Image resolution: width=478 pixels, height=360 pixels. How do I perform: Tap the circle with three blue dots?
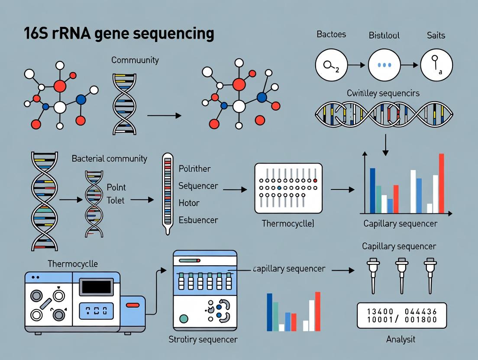pos(384,65)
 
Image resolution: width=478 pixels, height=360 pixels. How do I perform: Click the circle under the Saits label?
pos(436,65)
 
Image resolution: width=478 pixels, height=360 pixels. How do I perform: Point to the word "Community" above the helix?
pos(135,60)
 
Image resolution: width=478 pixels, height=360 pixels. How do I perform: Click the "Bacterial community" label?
pos(109,159)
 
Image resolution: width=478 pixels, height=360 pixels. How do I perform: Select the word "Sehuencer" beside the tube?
pos(198,186)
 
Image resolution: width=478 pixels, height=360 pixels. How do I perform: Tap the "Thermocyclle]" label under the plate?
pos(288,224)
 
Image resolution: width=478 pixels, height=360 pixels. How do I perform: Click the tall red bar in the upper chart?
pos(441,183)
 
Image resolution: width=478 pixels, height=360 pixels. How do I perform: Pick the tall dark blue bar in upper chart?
pos(372,190)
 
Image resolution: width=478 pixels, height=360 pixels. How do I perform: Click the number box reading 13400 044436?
pos(401,315)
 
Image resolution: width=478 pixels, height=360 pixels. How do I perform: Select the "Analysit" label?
pos(400,339)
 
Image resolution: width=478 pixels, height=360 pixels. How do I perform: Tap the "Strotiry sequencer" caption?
pos(203,339)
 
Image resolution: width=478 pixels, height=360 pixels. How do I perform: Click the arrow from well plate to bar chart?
pos(342,190)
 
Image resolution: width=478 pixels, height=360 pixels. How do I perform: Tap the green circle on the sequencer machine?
pos(184,319)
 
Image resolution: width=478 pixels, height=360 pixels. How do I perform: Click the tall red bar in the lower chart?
pos(317,311)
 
